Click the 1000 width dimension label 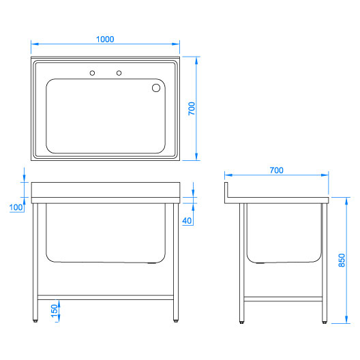tap(105, 40)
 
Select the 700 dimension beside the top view tap(192, 108)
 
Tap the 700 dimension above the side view tap(276, 170)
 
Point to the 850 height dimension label tap(342, 260)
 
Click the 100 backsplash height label tap(16, 207)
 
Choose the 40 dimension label tap(187, 221)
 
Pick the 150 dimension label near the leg tap(55, 311)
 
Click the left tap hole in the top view tap(92, 73)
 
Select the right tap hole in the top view tap(119, 73)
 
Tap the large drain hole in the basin tap(156, 88)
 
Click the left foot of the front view tap(35, 321)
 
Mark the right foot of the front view tap(176, 321)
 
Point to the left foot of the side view tap(241, 322)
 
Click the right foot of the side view tap(325, 322)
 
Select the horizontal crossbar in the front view tap(106, 297)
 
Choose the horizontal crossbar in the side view tap(283, 299)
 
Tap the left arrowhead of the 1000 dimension tap(35, 44)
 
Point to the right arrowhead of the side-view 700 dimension tap(325, 175)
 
